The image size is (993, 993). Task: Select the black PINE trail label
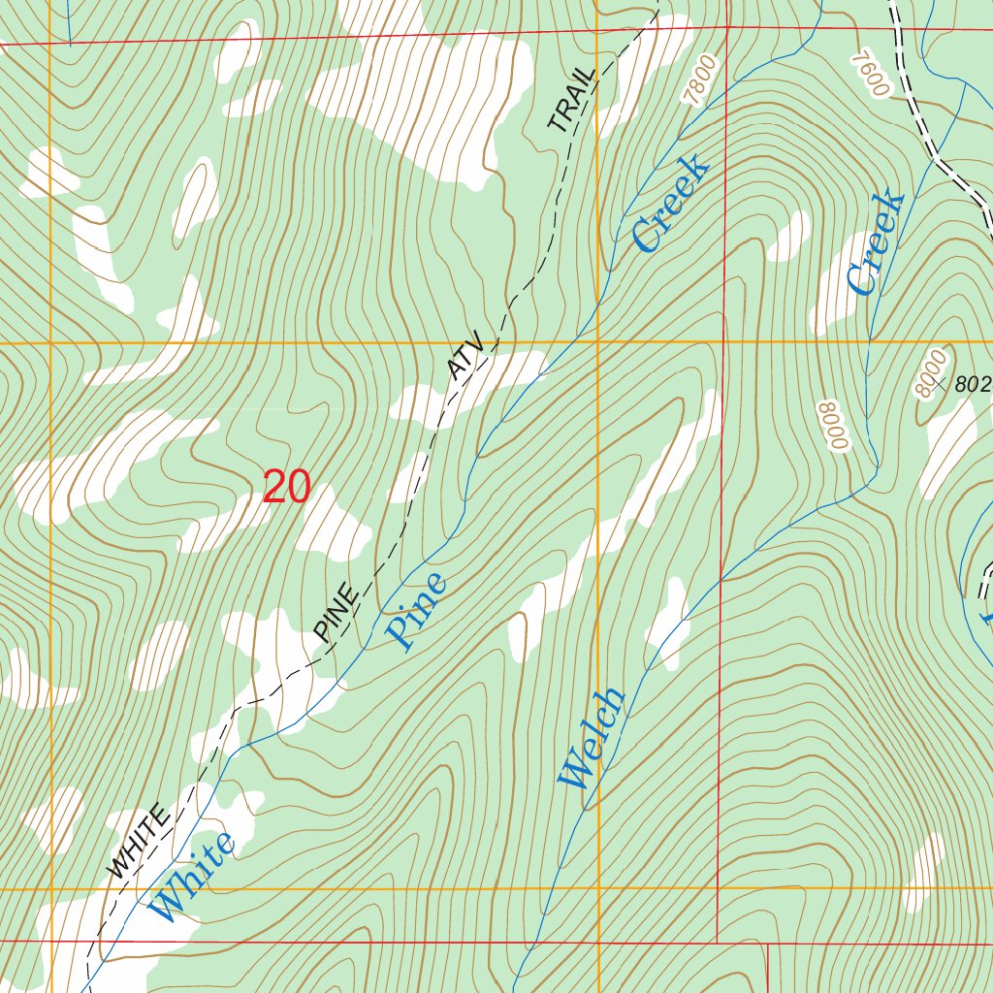(336, 613)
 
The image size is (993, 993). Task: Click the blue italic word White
(194, 877)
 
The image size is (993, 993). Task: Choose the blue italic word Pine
(418, 611)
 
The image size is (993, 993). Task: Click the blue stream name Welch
(592, 738)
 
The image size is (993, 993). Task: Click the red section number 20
(287, 488)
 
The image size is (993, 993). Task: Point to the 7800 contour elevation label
(700, 80)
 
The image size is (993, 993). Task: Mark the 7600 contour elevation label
(870, 73)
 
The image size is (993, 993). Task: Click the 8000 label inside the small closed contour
(929, 374)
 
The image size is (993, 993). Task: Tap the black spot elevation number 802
(973, 384)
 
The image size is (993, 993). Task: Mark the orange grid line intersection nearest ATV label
(597, 342)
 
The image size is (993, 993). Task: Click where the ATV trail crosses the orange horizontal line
(495, 342)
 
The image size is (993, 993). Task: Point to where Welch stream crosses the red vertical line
(721, 580)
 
